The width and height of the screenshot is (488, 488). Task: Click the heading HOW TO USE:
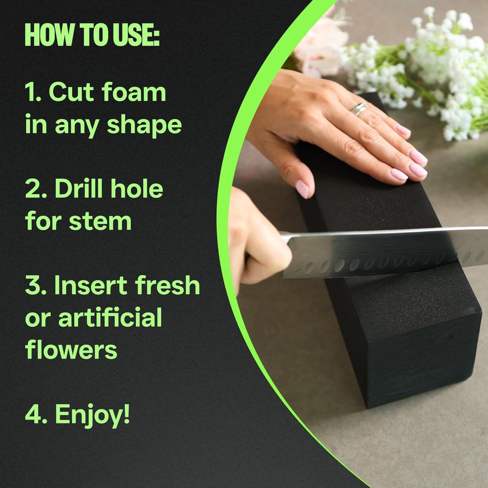(x=92, y=35)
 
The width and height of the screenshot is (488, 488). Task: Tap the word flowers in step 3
(x=71, y=350)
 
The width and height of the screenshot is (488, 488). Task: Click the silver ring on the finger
(x=358, y=109)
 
